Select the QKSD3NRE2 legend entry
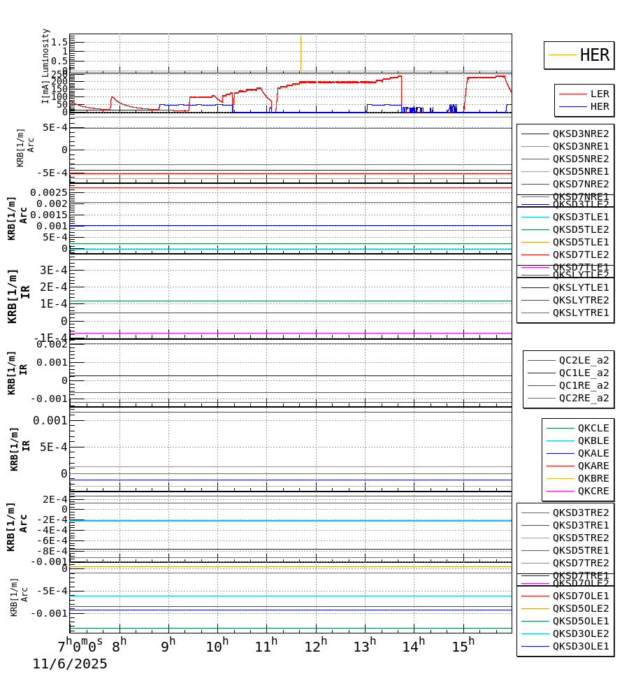tap(581, 134)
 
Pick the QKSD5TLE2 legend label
tap(581, 229)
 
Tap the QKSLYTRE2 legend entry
tap(581, 300)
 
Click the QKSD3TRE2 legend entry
tap(581, 513)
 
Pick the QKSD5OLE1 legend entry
tap(581, 621)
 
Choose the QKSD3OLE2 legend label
tap(581, 633)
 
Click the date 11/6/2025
tap(70, 664)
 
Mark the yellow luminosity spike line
tap(301, 53)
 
